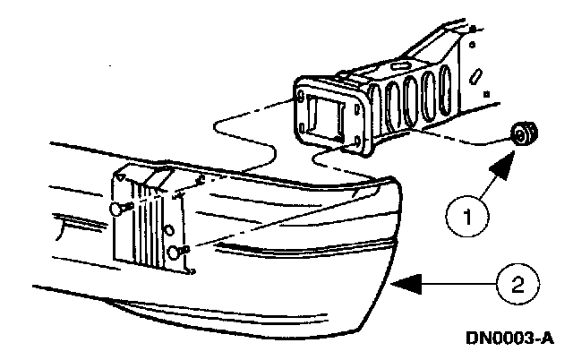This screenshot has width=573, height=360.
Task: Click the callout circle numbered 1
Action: point(466,216)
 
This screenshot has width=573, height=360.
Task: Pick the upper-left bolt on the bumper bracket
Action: point(120,208)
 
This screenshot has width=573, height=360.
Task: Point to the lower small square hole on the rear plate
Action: point(484,92)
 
